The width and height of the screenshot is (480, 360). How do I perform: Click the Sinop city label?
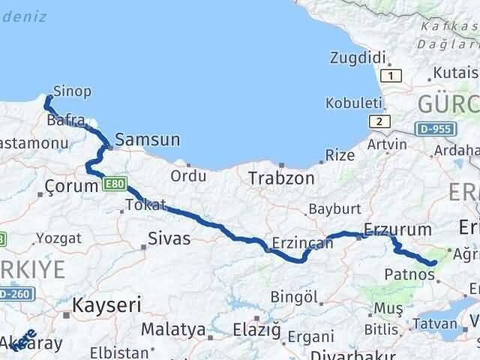(x=73, y=91)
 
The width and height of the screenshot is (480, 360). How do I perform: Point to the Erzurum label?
(x=397, y=229)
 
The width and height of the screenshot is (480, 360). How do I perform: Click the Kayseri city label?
(x=107, y=304)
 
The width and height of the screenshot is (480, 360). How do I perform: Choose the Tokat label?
(x=145, y=204)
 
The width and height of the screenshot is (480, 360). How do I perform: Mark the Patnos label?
(x=409, y=274)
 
